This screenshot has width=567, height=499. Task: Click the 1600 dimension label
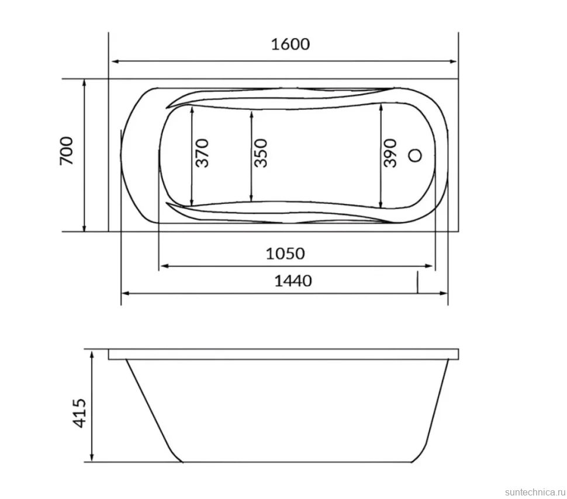[x=291, y=44]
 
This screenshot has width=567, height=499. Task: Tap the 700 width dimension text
[x=67, y=151]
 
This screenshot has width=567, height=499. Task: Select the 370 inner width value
[x=202, y=153]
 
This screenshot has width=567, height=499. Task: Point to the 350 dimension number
[x=261, y=153]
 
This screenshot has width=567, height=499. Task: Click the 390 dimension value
[x=390, y=153]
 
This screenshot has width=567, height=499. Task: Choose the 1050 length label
[x=285, y=254]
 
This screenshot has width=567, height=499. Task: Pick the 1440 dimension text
[x=293, y=281]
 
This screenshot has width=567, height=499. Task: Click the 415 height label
[x=79, y=413]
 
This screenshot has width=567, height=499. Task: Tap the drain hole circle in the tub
[x=415, y=155]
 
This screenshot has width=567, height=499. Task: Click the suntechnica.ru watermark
[x=535, y=492]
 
